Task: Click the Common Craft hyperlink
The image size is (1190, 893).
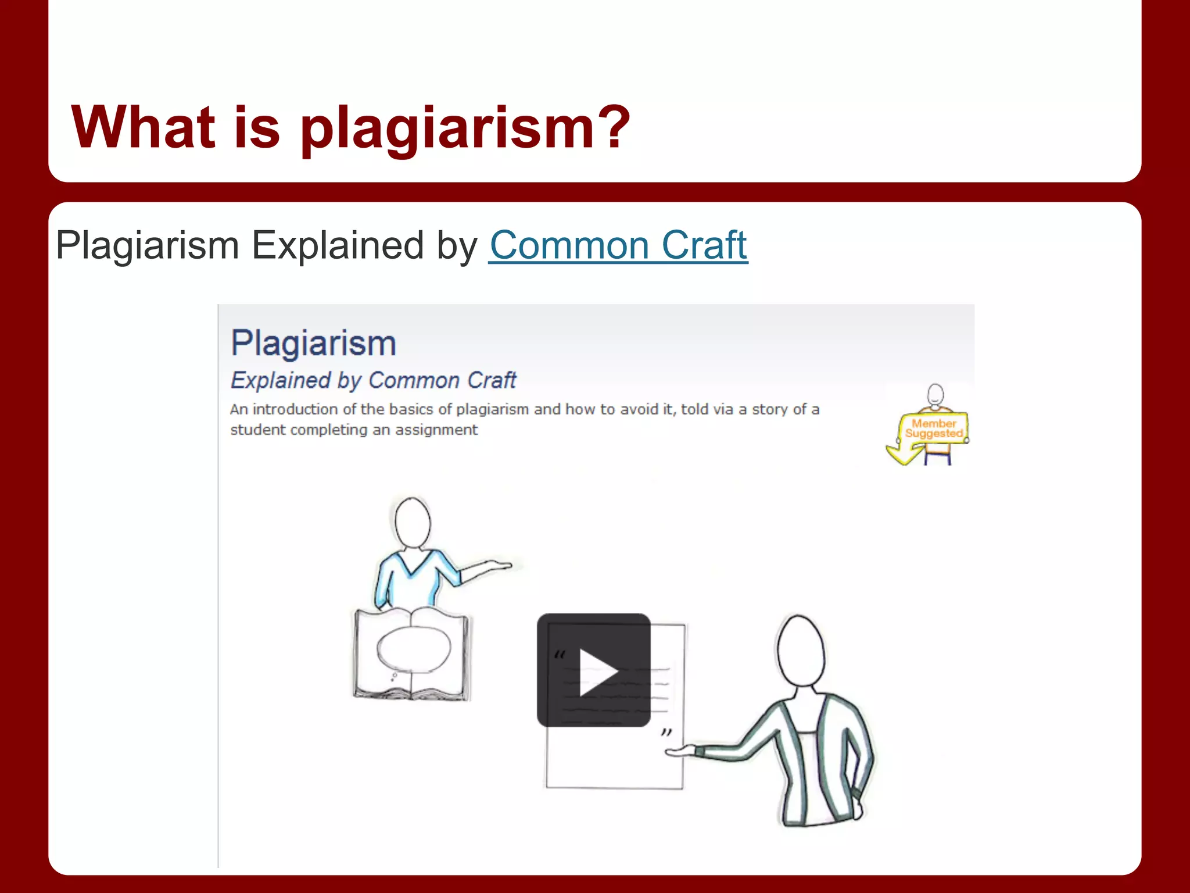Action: click(x=618, y=245)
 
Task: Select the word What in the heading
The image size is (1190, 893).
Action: click(x=143, y=126)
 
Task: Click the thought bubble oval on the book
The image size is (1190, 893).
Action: click(x=414, y=648)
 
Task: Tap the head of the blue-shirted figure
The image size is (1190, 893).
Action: click(x=413, y=522)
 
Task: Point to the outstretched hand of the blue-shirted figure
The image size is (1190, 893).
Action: click(x=497, y=565)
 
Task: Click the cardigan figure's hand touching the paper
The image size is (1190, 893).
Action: click(x=680, y=751)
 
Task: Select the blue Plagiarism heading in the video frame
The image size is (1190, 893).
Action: click(x=314, y=343)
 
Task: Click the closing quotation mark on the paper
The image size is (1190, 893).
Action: click(x=666, y=733)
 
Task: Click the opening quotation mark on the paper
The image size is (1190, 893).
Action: click(x=559, y=655)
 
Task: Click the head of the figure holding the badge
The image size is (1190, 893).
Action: click(x=935, y=394)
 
